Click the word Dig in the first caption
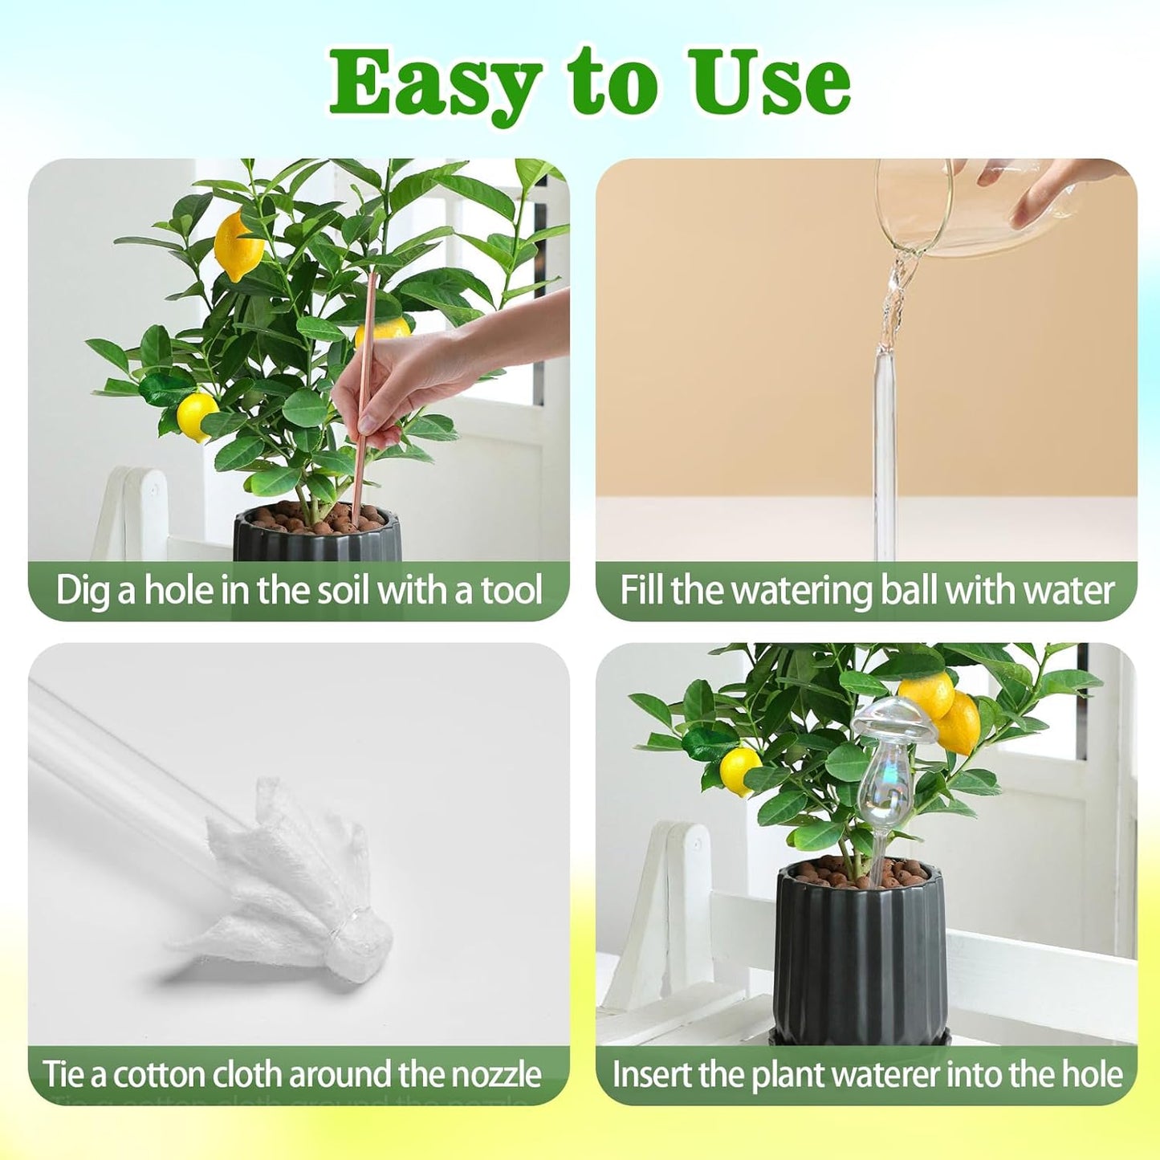[x=83, y=591]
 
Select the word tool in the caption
[x=511, y=590]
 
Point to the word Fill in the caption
[x=643, y=590]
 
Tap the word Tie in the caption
[x=63, y=1074]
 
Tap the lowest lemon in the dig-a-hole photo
[x=196, y=416]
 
